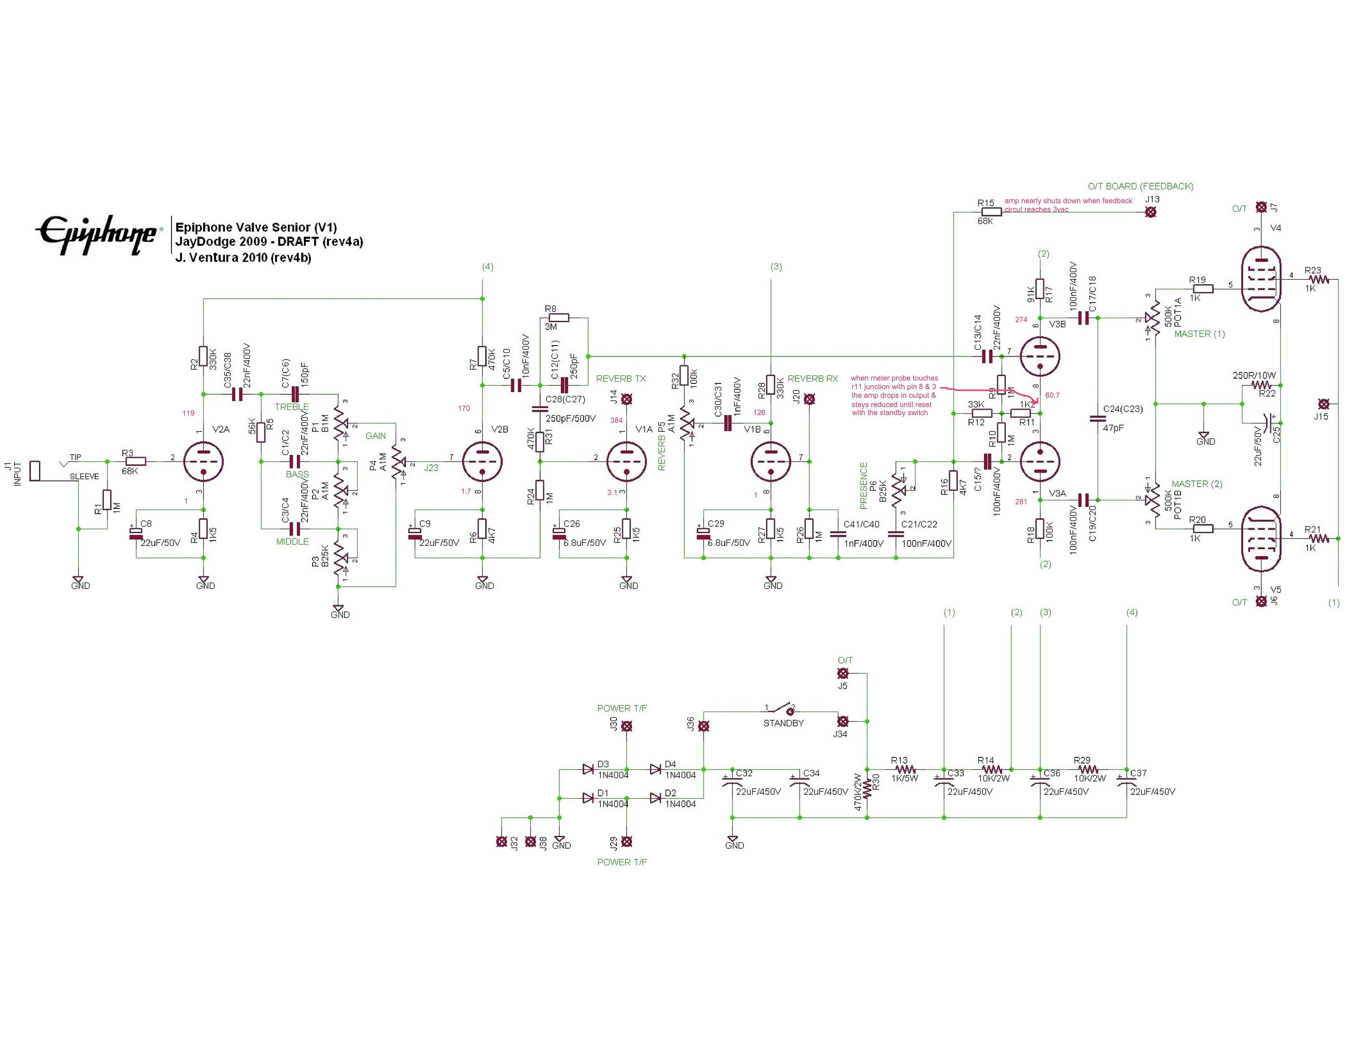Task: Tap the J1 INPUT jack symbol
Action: click(x=35, y=471)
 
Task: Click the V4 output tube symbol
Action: click(x=1260, y=287)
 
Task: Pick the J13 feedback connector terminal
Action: click(x=1151, y=212)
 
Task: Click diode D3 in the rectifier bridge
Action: click(x=588, y=769)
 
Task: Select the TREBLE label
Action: click(x=292, y=407)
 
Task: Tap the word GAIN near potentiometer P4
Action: click(x=375, y=436)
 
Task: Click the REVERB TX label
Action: click(x=620, y=378)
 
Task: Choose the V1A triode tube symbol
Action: click(x=626, y=462)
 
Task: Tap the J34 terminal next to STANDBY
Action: click(x=843, y=722)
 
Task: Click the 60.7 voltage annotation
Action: click(x=1052, y=395)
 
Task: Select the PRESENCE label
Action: click(x=863, y=485)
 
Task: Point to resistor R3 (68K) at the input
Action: click(x=135, y=461)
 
